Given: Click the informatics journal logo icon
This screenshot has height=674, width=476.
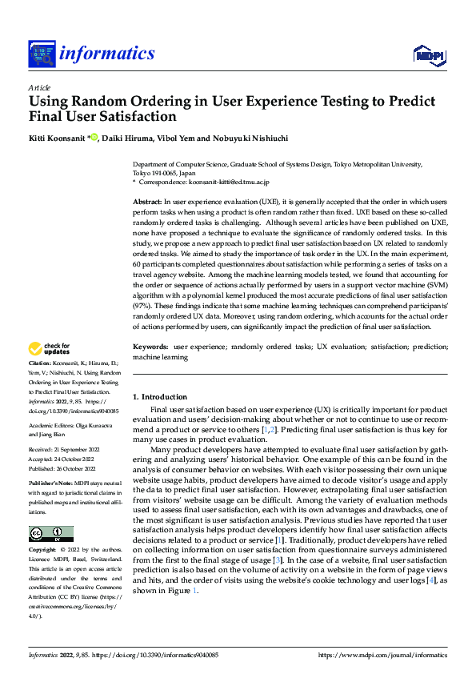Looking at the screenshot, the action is click(x=41, y=54).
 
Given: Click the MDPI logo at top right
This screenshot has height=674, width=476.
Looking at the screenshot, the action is click(x=428, y=54).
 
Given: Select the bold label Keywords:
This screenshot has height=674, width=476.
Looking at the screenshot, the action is click(x=150, y=346).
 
